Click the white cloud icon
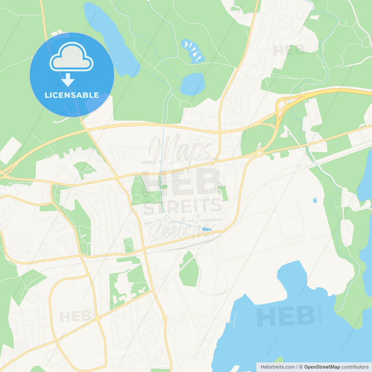click(71, 57)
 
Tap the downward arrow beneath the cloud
click(68, 80)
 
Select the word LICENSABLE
click(72, 95)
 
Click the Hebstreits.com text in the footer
click(278, 367)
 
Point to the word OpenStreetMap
click(322, 367)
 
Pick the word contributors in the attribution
click(355, 367)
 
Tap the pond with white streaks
click(193, 51)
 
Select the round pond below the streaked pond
click(192, 84)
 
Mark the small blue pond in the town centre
click(206, 229)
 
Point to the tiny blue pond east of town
click(315, 200)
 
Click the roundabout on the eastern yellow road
click(259, 153)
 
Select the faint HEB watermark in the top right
click(289, 51)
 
